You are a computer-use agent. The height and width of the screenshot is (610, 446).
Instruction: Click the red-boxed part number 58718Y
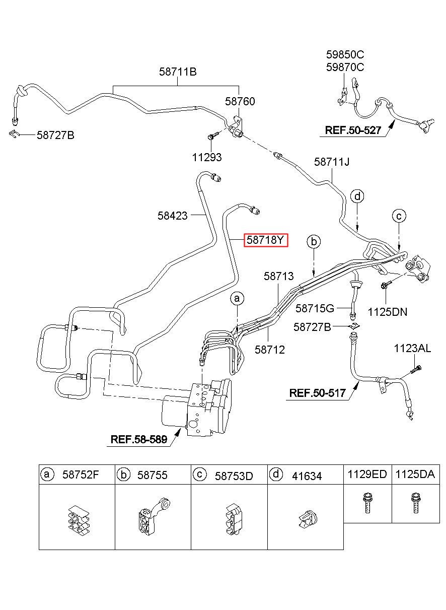pyautogui.click(x=265, y=240)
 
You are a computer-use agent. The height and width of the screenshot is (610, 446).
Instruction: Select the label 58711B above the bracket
pyautogui.click(x=178, y=72)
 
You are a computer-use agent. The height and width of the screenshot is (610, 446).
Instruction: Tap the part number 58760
pyautogui.click(x=240, y=102)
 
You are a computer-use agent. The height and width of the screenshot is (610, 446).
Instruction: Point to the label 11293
pyautogui.click(x=207, y=157)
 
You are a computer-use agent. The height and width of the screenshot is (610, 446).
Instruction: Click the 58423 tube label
pyautogui.click(x=173, y=216)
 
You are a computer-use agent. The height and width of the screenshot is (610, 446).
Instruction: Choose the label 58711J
pyautogui.click(x=332, y=162)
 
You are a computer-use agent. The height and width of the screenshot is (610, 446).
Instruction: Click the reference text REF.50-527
pyautogui.click(x=353, y=130)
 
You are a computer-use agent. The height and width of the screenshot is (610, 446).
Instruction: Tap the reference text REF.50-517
pyautogui.click(x=317, y=393)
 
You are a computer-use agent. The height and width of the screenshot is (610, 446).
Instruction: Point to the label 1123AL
pyautogui.click(x=413, y=348)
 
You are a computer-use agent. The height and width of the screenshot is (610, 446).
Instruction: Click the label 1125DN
pyautogui.click(x=387, y=312)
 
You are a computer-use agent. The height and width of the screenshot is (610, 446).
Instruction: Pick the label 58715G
pyautogui.click(x=315, y=309)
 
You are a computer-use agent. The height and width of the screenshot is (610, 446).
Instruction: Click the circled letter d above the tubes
pyautogui.click(x=357, y=196)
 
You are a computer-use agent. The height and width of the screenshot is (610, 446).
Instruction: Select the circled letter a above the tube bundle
pyautogui.click(x=237, y=299)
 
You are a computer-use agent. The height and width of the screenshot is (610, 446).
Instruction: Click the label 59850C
pyautogui.click(x=345, y=55)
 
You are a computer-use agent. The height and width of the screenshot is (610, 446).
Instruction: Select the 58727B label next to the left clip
pyautogui.click(x=55, y=135)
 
